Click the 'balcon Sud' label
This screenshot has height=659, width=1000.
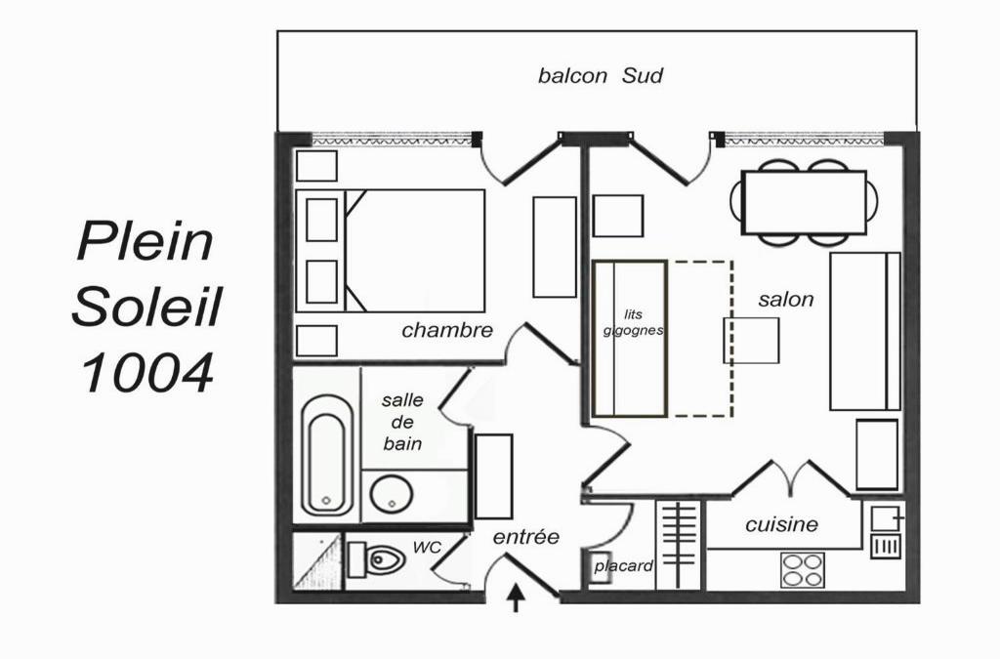pos(601,76)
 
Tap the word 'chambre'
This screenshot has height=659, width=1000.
pos(447,330)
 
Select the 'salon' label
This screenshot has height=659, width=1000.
pos(786,299)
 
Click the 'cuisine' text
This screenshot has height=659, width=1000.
pos(781,524)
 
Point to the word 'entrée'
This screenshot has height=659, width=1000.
pos(526,537)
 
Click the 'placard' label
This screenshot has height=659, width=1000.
pos(624,566)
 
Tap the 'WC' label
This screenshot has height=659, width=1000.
pos(427,547)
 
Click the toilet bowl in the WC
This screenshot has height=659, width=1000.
pos(379,560)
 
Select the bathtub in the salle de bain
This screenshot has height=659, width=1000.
pos(327,455)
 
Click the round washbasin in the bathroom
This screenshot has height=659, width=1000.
pos(391,495)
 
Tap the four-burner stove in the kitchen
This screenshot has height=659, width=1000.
pos(803,570)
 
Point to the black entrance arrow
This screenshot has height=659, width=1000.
pos(516,598)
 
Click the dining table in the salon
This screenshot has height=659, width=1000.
pos(805,203)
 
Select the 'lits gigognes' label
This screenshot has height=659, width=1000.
pos(633,322)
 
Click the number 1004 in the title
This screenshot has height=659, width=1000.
pos(146,373)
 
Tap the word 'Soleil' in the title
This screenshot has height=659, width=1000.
pos(146,307)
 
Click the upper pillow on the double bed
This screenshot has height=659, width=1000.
pos(321,220)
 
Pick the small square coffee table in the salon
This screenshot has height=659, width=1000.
pos(751,341)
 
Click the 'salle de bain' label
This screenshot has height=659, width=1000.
pos(402,422)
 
